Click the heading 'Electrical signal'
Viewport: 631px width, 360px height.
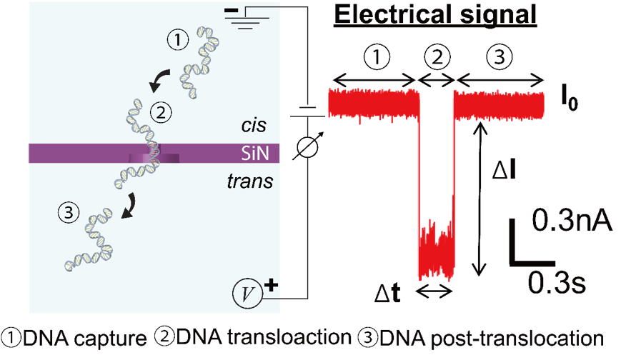(435, 16)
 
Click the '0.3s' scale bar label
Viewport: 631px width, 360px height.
(557, 284)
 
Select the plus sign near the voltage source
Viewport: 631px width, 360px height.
(270, 285)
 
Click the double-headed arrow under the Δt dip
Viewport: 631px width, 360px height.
(434, 290)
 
